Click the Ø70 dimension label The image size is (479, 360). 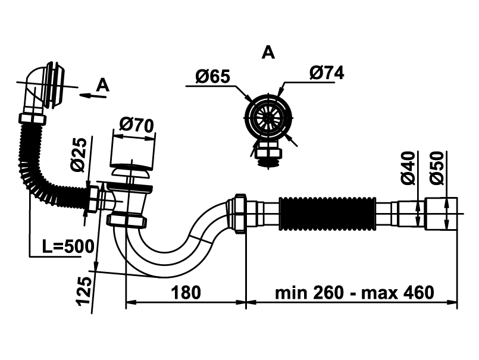(136, 126)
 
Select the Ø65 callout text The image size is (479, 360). (212, 76)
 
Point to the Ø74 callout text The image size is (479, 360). (327, 73)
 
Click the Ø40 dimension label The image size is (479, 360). (408, 168)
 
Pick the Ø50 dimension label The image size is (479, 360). (437, 168)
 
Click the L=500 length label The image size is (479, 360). (68, 246)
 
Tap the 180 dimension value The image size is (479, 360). (186, 292)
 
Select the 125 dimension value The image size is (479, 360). (84, 290)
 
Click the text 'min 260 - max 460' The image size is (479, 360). (355, 292)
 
